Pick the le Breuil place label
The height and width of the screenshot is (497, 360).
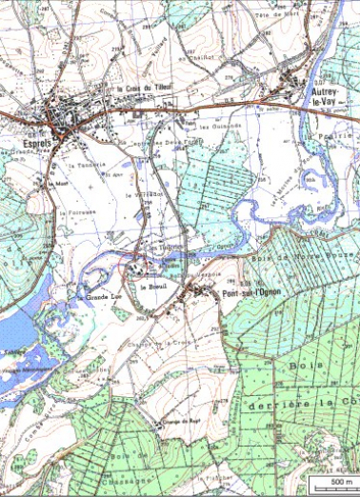coord(152,287)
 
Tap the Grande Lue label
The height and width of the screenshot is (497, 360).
coord(99,297)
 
